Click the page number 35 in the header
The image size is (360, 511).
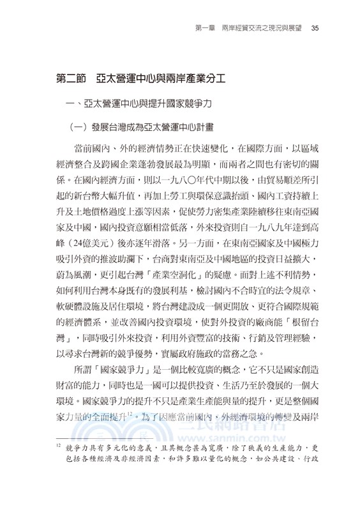click(306, 28)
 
